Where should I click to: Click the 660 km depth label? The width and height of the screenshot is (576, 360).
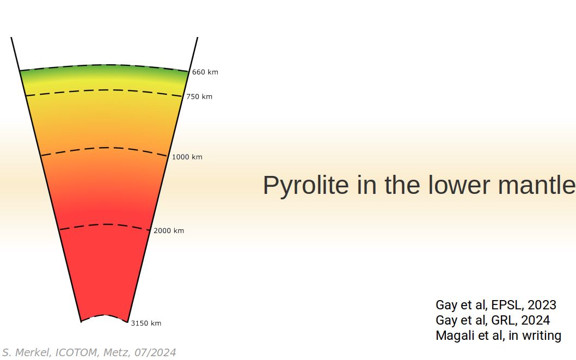[x=205, y=72]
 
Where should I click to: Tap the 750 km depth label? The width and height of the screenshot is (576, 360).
[x=199, y=97]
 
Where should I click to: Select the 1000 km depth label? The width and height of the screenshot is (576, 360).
[x=187, y=157]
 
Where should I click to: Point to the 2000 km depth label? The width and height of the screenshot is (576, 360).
[x=169, y=230]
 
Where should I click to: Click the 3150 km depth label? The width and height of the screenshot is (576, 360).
[x=146, y=323]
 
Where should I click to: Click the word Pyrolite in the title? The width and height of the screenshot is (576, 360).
[x=305, y=185]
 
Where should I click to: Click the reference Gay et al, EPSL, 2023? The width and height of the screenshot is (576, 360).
[x=495, y=305]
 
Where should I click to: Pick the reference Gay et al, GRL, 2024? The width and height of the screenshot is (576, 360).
[x=493, y=320]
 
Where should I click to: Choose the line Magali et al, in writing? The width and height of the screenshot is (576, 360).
[x=498, y=335]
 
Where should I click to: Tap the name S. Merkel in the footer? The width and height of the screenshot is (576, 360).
[x=26, y=353]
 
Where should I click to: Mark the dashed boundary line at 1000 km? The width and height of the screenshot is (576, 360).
[x=105, y=148]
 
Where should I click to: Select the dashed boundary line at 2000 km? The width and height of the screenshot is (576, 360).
[x=105, y=224]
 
